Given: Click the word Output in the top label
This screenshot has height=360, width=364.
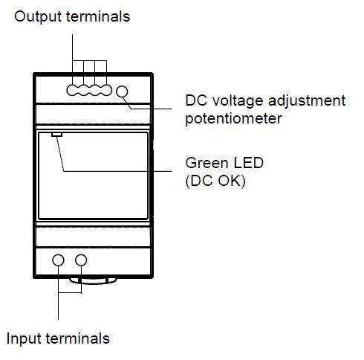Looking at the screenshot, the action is click(x=38, y=17).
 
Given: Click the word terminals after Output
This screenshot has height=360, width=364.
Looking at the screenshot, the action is click(x=98, y=16).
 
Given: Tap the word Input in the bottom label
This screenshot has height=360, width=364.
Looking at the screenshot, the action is click(x=24, y=339).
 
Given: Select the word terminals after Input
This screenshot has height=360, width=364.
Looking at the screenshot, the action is click(x=77, y=338).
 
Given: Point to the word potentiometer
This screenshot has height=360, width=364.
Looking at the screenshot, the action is click(x=233, y=118).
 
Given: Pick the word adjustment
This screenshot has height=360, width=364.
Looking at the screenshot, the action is click(x=307, y=101).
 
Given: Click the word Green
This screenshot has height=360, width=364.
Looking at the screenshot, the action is click(x=207, y=163).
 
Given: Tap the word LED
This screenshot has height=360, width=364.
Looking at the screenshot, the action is click(x=248, y=163).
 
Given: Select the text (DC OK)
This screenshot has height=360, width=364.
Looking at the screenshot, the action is click(x=215, y=181).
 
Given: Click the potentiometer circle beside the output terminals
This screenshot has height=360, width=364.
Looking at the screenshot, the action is click(x=122, y=91).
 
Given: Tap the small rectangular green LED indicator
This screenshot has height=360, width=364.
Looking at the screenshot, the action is click(x=56, y=135).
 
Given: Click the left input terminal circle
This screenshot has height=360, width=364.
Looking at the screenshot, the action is click(x=58, y=260).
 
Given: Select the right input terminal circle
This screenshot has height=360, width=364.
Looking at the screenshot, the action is click(x=81, y=260).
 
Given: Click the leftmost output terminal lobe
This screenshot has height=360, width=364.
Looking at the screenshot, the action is click(x=72, y=91).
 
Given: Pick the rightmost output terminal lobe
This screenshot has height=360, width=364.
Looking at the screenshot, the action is click(x=106, y=91).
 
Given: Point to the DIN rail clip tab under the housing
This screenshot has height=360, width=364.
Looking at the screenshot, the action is click(x=93, y=280).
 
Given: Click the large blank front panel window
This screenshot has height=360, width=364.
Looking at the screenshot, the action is click(x=94, y=176).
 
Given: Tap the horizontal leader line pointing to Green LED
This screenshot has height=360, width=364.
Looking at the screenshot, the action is click(x=117, y=171).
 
